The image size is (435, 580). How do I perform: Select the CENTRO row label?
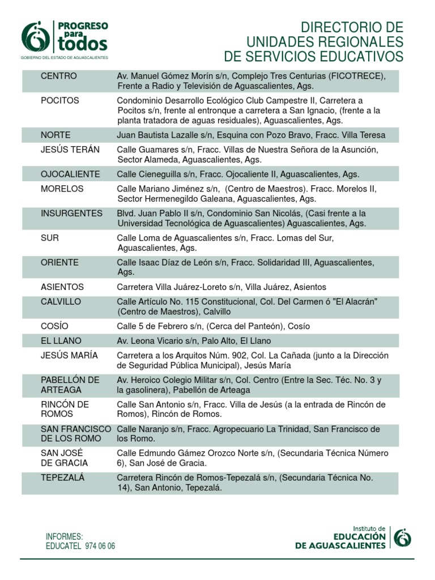(58, 76)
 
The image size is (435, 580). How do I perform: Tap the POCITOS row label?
(59, 101)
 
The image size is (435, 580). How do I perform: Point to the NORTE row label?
(56, 135)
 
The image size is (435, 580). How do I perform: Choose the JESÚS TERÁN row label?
(70, 150)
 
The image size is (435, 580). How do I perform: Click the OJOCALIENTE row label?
(70, 174)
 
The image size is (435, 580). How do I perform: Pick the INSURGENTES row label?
(71, 214)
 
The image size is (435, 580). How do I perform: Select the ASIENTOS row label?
(62, 287)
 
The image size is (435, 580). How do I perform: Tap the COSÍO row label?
(54, 326)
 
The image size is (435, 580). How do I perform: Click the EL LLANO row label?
(61, 341)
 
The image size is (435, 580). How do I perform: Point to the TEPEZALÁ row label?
(62, 477)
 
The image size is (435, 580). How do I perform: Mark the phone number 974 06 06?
(100, 547)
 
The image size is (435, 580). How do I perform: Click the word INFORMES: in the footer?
(65, 536)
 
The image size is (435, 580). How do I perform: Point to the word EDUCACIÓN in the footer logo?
(360, 536)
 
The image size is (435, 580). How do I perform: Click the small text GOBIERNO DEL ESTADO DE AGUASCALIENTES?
(64, 58)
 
